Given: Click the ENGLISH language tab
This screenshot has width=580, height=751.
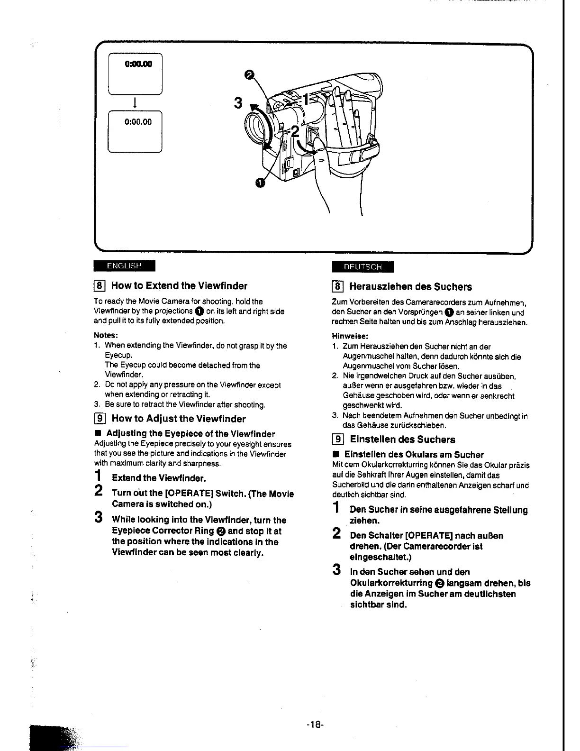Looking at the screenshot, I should [x=124, y=266].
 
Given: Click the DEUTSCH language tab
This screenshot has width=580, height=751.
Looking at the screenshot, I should [x=362, y=267].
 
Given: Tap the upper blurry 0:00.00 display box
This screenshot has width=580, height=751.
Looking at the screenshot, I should [x=136, y=74].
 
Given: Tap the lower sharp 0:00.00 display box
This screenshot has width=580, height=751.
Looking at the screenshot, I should [x=136, y=131].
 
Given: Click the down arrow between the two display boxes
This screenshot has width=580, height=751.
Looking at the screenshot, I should [x=136, y=102].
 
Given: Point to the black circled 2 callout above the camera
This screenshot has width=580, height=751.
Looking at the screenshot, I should [x=249, y=74].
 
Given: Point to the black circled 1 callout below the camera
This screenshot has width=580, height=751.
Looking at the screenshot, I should [x=260, y=183].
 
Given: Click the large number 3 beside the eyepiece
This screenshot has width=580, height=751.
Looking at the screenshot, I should [x=238, y=103].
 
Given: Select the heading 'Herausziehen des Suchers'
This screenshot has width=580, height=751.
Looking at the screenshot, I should [x=410, y=287].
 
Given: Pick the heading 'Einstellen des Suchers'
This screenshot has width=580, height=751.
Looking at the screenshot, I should [x=402, y=440].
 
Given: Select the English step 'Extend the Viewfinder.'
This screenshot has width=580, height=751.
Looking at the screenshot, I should [x=159, y=478].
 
